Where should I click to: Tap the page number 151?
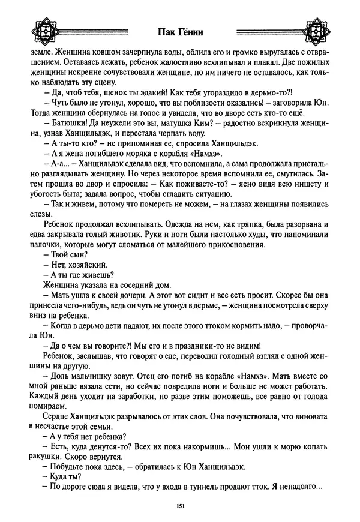180,505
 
